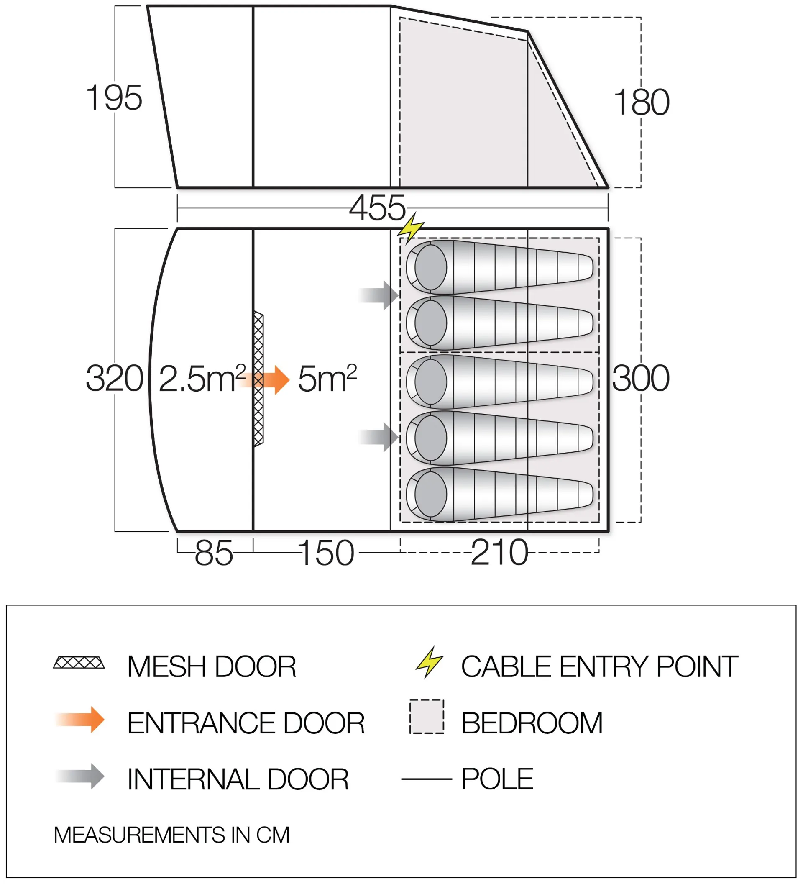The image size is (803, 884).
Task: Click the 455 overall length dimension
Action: pyautogui.click(x=377, y=208)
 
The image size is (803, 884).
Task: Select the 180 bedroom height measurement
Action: pyautogui.click(x=642, y=102)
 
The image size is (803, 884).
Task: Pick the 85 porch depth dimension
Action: pyautogui.click(x=214, y=553)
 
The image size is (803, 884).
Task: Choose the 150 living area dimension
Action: pyautogui.click(x=326, y=553)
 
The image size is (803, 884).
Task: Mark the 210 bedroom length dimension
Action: pyautogui.click(x=500, y=553)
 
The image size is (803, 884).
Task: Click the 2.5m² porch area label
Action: pyautogui.click(x=202, y=378)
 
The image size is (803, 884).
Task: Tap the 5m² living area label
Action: pyautogui.click(x=327, y=378)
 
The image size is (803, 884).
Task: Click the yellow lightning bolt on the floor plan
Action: pyautogui.click(x=411, y=228)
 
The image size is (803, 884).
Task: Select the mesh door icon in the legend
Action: pyautogui.click(x=79, y=662)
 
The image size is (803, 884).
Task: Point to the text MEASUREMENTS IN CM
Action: pyautogui.click(x=171, y=835)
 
